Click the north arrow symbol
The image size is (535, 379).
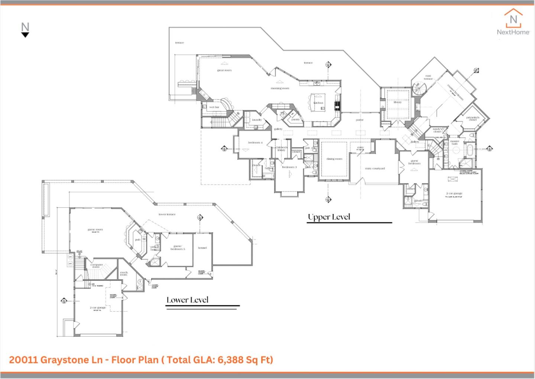click(25, 30)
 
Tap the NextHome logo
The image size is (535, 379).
click(513, 22)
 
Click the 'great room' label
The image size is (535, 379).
click(224, 70)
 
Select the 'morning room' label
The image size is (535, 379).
click(280, 89)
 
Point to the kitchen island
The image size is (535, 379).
click(318, 102)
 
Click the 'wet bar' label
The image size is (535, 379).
click(214, 107)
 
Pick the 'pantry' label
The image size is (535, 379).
click(295, 120)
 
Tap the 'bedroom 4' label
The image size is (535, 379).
click(255, 143)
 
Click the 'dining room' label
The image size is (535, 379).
click(334, 159)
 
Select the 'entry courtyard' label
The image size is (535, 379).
click(375, 169)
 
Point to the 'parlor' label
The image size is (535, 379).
click(359, 120)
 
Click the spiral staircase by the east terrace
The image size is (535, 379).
click(419, 89)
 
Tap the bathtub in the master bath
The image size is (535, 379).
click(470, 150)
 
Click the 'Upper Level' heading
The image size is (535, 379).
click(329, 217)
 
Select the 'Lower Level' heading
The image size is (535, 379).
click(187, 300)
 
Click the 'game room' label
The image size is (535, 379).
click(95, 230)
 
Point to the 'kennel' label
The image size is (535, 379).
click(202, 248)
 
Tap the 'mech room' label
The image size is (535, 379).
click(124, 273)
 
